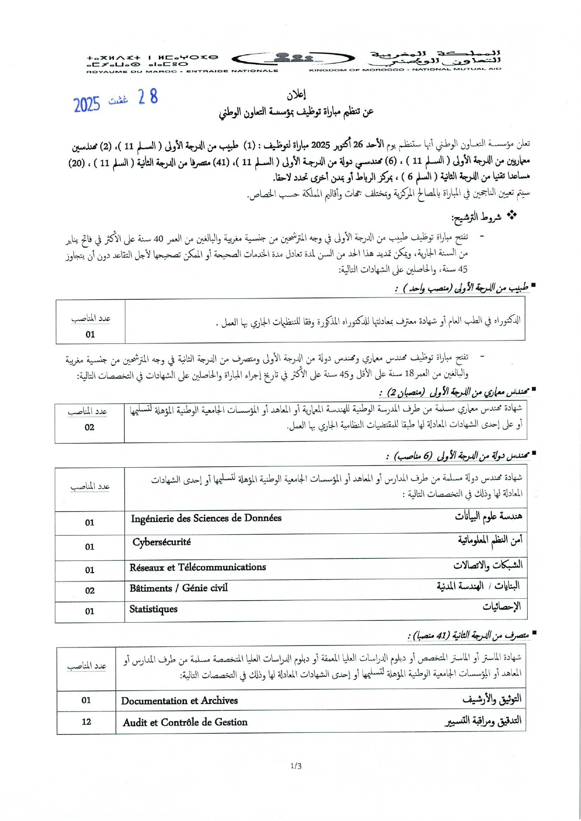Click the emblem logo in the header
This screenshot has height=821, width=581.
pos(294,58)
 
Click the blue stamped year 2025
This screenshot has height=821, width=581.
pos(87,104)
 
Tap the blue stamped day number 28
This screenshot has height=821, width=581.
pos(148,97)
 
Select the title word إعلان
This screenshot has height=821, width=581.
pos(296,95)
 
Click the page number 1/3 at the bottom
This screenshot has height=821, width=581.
pos(296,766)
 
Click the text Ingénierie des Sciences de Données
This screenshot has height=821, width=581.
pos(206,518)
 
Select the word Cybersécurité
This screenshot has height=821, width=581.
pos(161,542)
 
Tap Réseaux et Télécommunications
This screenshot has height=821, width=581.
pos(197,567)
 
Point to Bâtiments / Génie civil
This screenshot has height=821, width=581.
pos(179,588)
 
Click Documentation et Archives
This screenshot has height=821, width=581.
pos(179,700)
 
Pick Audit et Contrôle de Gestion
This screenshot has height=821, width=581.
pos(185,722)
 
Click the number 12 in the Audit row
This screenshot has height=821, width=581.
pos(87,722)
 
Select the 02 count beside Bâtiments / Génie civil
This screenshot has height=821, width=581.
pos(90,590)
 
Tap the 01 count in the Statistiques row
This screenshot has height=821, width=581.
pos(90,611)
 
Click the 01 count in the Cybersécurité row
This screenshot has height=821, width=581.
pos(90,547)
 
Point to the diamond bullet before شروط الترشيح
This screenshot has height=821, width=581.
pos(512,215)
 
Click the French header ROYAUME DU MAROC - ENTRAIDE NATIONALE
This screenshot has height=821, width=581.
pos(182,71)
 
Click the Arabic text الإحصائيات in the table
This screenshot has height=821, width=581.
pos(501,607)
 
